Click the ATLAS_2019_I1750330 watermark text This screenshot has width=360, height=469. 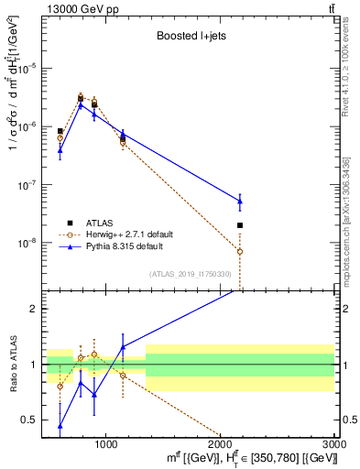(189, 274)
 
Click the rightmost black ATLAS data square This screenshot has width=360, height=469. (240, 225)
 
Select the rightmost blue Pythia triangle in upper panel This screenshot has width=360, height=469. (240, 201)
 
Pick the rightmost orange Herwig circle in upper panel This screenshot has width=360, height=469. (240, 251)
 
